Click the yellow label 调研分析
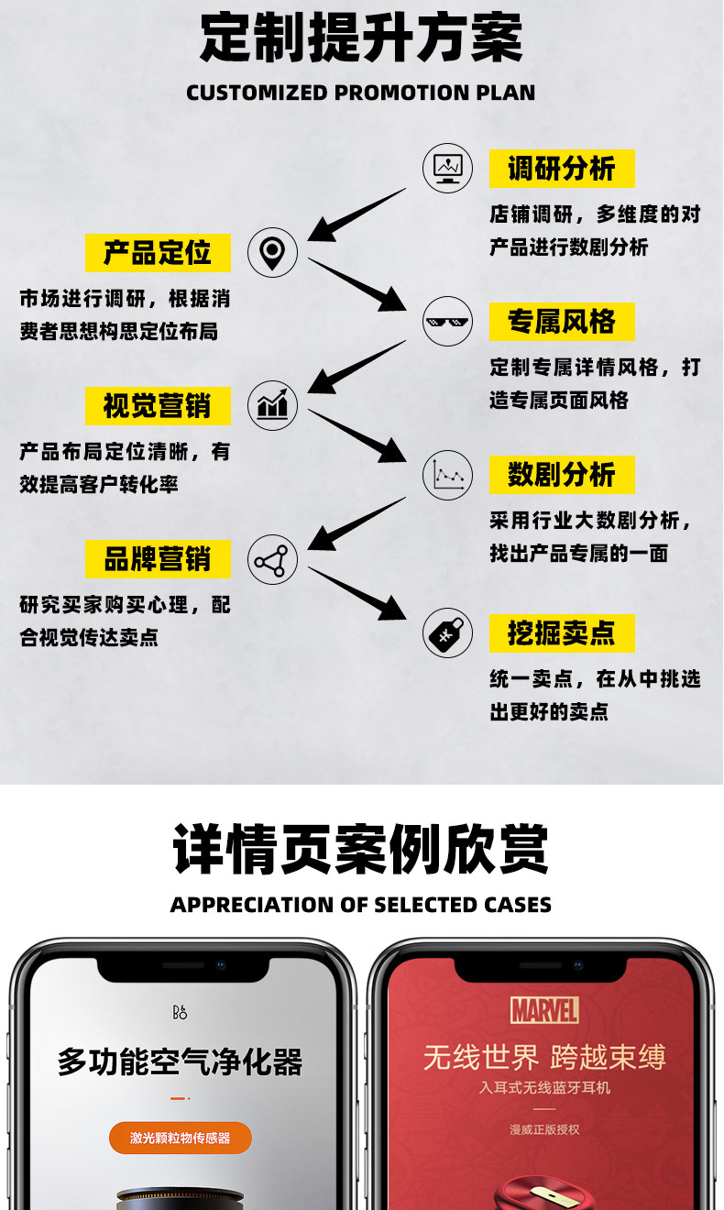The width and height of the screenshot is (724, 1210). tap(561, 169)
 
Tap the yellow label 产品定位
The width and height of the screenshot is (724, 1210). tap(158, 252)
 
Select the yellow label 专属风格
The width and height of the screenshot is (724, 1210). tap(561, 322)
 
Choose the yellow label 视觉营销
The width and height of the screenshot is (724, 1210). tap(158, 405)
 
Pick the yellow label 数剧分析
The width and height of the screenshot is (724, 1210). tap(561, 475)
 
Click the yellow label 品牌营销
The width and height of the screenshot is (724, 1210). tap(158, 558)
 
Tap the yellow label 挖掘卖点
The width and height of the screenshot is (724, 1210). tap(561, 632)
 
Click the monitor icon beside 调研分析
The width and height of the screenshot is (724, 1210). tap(447, 168)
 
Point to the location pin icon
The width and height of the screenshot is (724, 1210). tap(272, 252)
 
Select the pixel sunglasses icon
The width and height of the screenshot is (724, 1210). tap(447, 322)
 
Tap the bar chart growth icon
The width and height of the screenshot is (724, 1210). tap(272, 405)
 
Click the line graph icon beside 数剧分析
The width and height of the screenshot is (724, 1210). tap(447, 475)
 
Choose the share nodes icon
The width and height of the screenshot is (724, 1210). tap(272, 560)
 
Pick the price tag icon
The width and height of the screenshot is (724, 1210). tap(447, 632)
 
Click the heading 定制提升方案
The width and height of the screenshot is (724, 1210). tap(361, 38)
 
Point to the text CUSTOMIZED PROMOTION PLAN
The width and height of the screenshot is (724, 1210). tap(361, 93)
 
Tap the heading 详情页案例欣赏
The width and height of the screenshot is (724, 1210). tap(361, 849)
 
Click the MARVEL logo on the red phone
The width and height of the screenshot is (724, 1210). tap(544, 1010)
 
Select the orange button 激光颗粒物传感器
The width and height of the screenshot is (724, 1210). tap(181, 1138)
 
